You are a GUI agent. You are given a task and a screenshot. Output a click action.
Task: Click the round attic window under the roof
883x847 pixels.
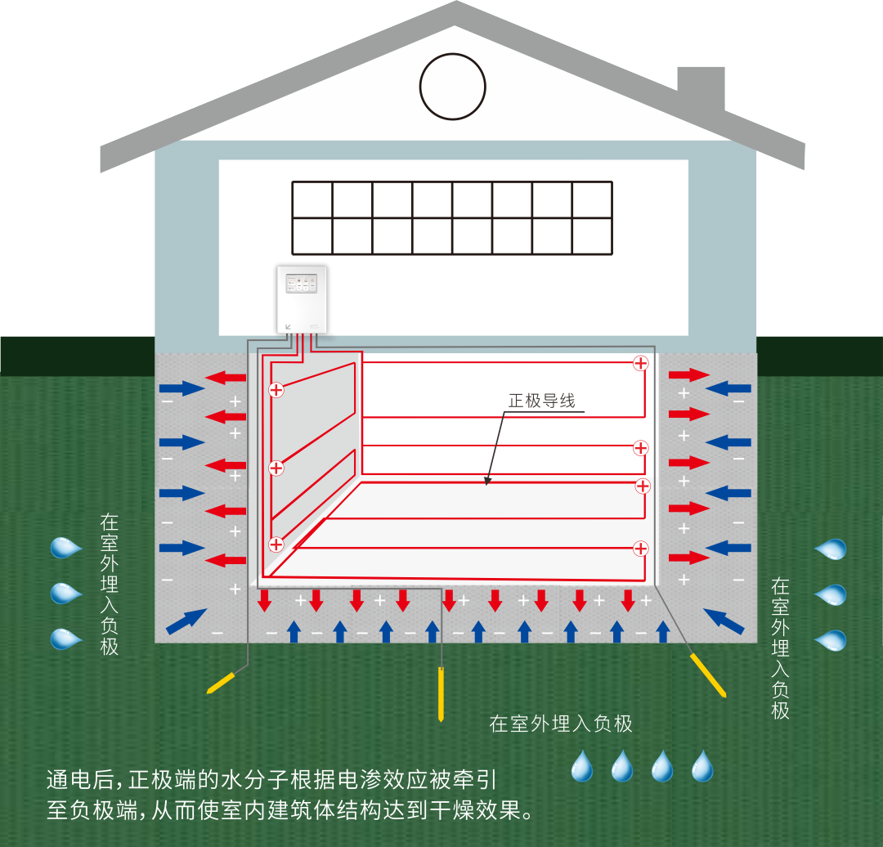click(x=452, y=87)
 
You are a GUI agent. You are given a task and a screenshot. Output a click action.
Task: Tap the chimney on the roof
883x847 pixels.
click(x=701, y=87)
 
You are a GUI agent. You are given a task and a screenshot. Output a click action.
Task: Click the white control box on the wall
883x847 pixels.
click(x=302, y=299)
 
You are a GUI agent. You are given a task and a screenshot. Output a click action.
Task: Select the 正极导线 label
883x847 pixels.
click(x=541, y=401)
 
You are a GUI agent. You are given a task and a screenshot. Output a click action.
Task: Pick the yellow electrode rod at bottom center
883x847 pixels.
click(x=441, y=694)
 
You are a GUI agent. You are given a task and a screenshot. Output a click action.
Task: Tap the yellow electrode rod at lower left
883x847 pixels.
click(x=222, y=682)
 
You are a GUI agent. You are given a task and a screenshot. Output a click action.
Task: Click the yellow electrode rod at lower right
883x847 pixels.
click(x=708, y=675)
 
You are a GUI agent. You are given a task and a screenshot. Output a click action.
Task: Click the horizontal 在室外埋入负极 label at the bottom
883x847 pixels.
click(x=561, y=724)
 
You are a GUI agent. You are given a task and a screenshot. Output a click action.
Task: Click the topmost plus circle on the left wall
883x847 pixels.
click(x=276, y=390)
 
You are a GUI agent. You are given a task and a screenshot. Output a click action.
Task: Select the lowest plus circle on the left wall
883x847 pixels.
click(x=276, y=544)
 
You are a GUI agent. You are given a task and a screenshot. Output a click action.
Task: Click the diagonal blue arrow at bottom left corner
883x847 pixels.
click(x=186, y=621)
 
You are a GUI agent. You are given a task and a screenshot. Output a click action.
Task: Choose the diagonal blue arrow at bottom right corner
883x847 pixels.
click(x=723, y=621)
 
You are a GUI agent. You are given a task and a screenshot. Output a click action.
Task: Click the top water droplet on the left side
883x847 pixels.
click(x=65, y=547)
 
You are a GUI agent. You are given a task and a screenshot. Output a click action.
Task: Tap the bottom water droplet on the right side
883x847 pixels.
click(x=831, y=640)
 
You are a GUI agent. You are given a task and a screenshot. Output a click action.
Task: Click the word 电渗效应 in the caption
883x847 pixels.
click(x=385, y=778)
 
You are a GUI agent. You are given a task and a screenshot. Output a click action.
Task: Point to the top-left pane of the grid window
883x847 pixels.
click(x=312, y=199)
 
